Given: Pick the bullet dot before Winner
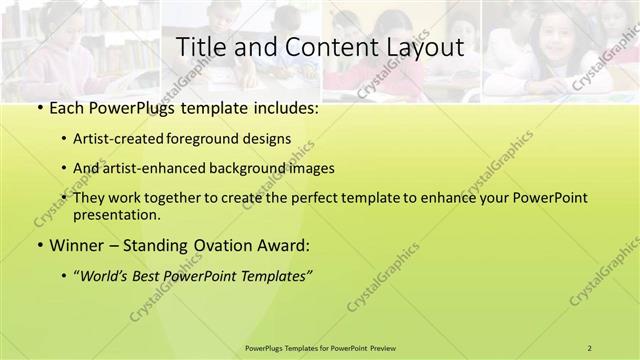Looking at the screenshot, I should coord(38,245).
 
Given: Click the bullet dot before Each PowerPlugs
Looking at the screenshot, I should coord(38,108).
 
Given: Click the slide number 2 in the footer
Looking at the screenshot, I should coord(590,347).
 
